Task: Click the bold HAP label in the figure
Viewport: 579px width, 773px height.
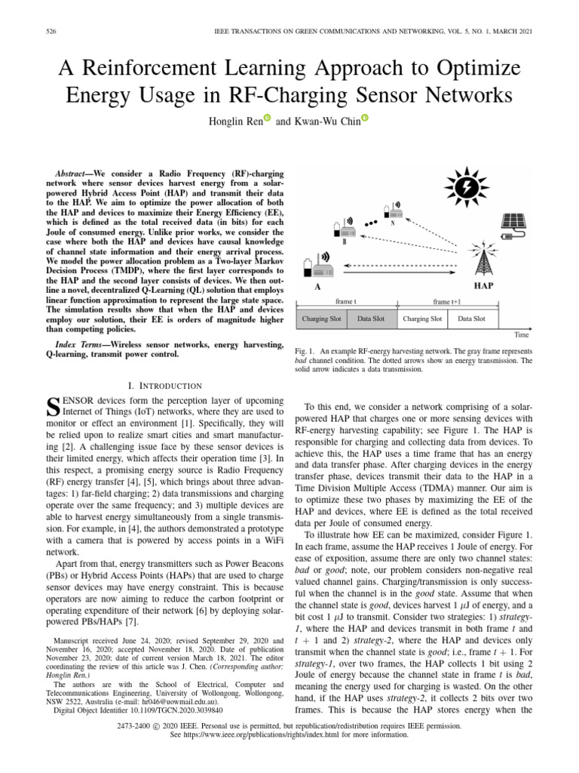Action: pyautogui.click(x=483, y=288)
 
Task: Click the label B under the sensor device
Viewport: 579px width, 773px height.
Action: pyautogui.click(x=345, y=243)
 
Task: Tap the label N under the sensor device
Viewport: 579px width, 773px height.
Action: pyautogui.click(x=392, y=222)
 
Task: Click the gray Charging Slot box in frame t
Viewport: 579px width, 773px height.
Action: pyautogui.click(x=321, y=319)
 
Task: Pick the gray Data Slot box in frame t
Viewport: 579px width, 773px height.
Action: pyautogui.click(x=371, y=319)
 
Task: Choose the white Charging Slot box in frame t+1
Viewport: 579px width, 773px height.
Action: pyautogui.click(x=422, y=319)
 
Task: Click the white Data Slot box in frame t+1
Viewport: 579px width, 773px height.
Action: pyautogui.click(x=473, y=319)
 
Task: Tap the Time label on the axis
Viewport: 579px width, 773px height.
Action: pyautogui.click(x=521, y=334)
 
